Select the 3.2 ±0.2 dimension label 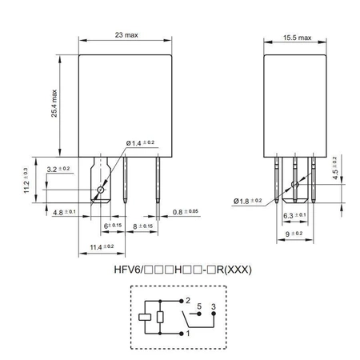click(x=58, y=169)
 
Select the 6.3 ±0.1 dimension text click(x=295, y=215)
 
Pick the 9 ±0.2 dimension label click(x=295, y=233)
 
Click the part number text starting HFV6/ click(x=183, y=269)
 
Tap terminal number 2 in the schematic click(x=188, y=302)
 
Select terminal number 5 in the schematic click(x=199, y=306)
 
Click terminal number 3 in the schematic click(x=214, y=306)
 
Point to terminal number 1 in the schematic click(x=188, y=334)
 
